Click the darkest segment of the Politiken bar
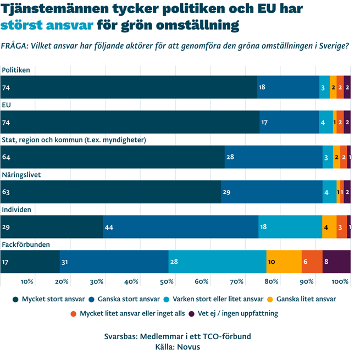point(129,87)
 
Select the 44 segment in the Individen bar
point(181,226)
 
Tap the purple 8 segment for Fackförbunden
point(336,262)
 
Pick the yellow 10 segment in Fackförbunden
point(284,262)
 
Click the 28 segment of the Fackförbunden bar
point(218,262)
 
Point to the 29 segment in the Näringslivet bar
point(272,192)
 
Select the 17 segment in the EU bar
point(289,122)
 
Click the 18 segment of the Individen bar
point(290,226)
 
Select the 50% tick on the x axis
point(167,281)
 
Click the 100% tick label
point(341,281)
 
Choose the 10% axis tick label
point(27,281)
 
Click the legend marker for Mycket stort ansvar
point(15,300)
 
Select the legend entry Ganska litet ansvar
point(301,300)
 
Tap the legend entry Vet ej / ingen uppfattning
point(237,313)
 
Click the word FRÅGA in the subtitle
point(14,46)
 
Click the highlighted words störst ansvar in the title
point(47,25)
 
